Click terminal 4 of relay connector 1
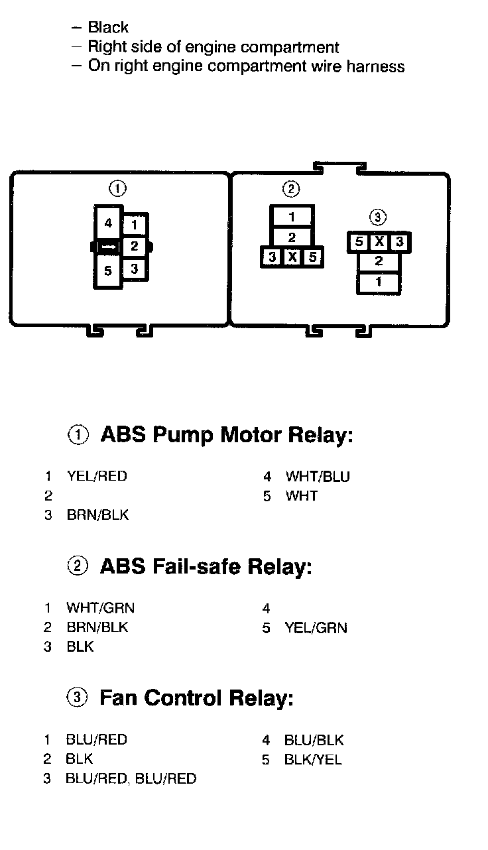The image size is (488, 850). click(x=108, y=223)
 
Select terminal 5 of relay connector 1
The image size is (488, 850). click(x=108, y=271)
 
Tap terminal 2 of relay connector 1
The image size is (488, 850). click(x=134, y=247)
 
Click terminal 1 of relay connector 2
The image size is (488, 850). click(x=292, y=216)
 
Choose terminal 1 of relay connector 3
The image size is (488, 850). click(x=379, y=282)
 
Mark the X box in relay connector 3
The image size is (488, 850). click(x=379, y=242)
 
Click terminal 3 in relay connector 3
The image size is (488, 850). click(x=399, y=242)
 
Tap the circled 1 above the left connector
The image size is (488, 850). click(x=118, y=190)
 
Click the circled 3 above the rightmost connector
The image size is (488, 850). click(x=378, y=217)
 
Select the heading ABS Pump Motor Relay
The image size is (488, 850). click(x=226, y=436)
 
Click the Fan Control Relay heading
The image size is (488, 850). click(x=196, y=698)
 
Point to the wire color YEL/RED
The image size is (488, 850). click(x=97, y=476)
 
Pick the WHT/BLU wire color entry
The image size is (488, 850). click(x=318, y=476)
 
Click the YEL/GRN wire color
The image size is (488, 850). click(x=316, y=627)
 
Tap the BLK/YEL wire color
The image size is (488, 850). click(x=313, y=759)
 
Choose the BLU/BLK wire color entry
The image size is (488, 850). click(x=314, y=740)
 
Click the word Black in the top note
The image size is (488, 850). click(x=108, y=28)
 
